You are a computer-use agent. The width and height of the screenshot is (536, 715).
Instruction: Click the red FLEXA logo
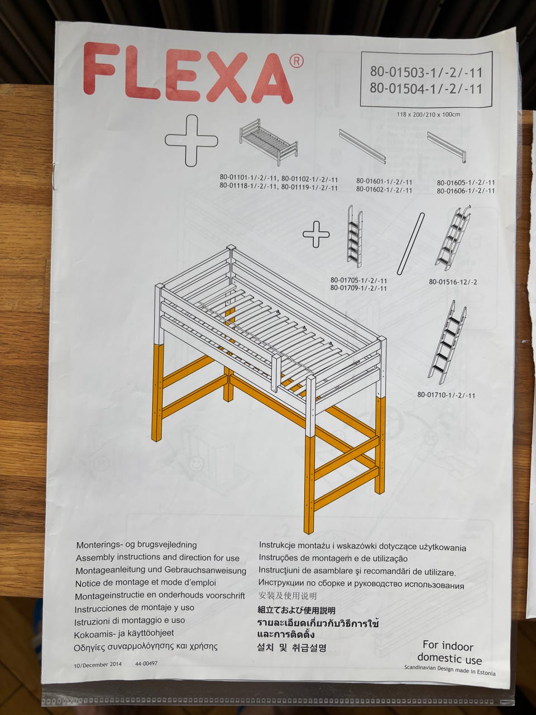point(188,74)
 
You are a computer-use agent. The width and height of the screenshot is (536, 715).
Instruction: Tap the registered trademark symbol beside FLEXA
point(296,61)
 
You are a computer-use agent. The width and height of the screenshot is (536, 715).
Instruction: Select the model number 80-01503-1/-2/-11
point(426,72)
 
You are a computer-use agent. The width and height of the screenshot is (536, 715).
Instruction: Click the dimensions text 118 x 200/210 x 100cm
point(428,115)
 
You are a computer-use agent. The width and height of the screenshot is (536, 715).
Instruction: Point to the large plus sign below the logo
point(192,140)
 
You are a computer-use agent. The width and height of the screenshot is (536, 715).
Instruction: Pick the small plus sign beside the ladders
point(316,234)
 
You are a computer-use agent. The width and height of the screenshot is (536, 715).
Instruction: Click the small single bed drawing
point(269,142)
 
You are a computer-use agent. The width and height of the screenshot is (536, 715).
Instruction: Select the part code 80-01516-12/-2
point(453,282)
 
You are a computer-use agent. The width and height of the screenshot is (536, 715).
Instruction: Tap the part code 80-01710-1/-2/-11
point(446,395)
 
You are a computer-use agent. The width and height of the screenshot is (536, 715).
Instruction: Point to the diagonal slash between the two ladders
point(411,244)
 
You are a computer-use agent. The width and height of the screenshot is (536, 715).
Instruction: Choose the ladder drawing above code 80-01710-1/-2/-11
point(448,342)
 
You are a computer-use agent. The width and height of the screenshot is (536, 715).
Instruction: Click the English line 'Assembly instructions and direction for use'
point(157,558)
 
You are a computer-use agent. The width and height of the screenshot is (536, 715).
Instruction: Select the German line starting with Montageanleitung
point(161,571)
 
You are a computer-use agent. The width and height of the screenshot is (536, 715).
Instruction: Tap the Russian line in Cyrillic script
point(361,585)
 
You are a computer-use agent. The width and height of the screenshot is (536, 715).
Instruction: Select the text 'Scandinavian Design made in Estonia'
point(450,670)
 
